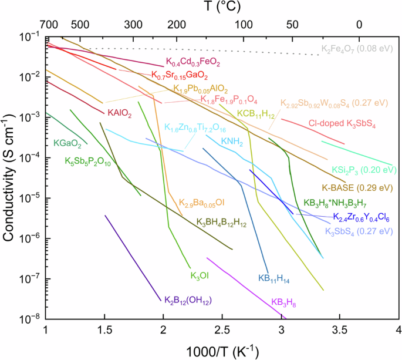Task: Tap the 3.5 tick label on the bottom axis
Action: (340, 330)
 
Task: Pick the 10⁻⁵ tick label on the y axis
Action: (29, 198)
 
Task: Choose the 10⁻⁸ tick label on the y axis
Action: (29, 319)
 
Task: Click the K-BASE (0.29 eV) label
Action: (356, 188)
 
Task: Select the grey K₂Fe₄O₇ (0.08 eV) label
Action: (356, 49)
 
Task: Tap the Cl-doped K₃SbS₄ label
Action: (342, 124)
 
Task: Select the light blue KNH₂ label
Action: (233, 141)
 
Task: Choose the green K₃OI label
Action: (200, 275)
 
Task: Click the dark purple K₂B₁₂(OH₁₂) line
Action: (133, 258)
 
